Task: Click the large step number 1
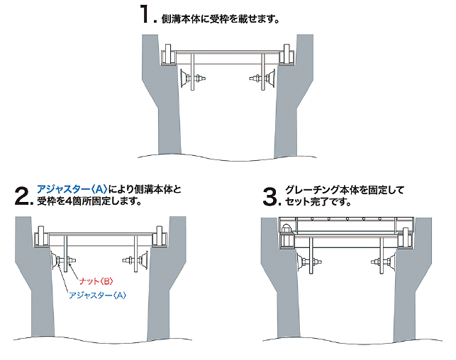coord(148,16)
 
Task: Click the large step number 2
coord(23,196)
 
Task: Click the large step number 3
coord(270,196)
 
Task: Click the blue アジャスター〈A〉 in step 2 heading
coord(72,189)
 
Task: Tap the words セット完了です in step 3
coord(318,202)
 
